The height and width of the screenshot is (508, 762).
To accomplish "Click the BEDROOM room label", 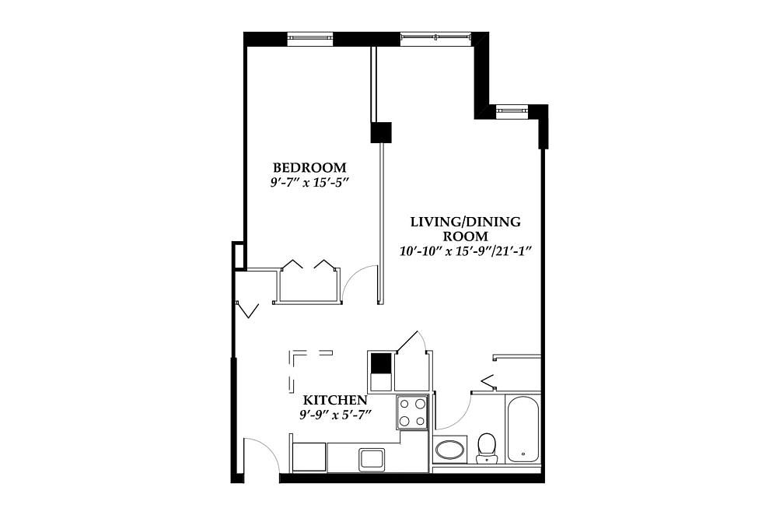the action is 309,168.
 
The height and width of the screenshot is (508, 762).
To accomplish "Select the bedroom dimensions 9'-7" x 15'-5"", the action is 309,184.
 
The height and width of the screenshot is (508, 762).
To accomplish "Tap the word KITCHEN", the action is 335,400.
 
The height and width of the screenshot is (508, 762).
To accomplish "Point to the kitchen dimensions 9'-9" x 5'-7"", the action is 335,415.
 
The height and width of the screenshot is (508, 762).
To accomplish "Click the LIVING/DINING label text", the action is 465,222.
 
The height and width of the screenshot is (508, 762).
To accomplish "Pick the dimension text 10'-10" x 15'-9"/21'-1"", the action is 465,251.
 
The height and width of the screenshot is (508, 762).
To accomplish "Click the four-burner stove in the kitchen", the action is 412,412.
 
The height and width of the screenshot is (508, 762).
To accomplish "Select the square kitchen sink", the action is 372,459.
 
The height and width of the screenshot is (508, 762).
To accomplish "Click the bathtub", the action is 523,429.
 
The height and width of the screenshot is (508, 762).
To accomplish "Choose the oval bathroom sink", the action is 449,450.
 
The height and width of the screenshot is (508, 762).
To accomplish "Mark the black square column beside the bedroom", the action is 381,132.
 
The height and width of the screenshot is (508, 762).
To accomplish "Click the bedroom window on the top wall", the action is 310,39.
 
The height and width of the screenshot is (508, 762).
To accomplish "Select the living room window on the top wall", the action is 436,39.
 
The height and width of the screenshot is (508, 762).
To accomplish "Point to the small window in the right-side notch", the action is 512,111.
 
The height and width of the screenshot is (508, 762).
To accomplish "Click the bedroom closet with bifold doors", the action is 309,285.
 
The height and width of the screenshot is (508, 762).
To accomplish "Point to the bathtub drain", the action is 523,454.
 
